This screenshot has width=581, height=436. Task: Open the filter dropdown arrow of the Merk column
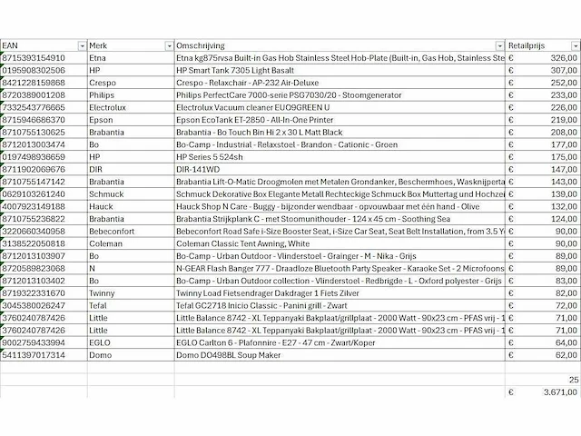(169, 45)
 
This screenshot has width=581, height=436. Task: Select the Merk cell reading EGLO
(99, 342)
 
